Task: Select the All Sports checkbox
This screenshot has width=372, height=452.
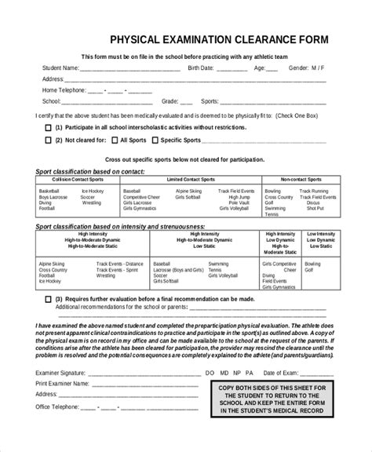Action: [115, 140]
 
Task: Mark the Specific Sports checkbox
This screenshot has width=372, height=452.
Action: [155, 140]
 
